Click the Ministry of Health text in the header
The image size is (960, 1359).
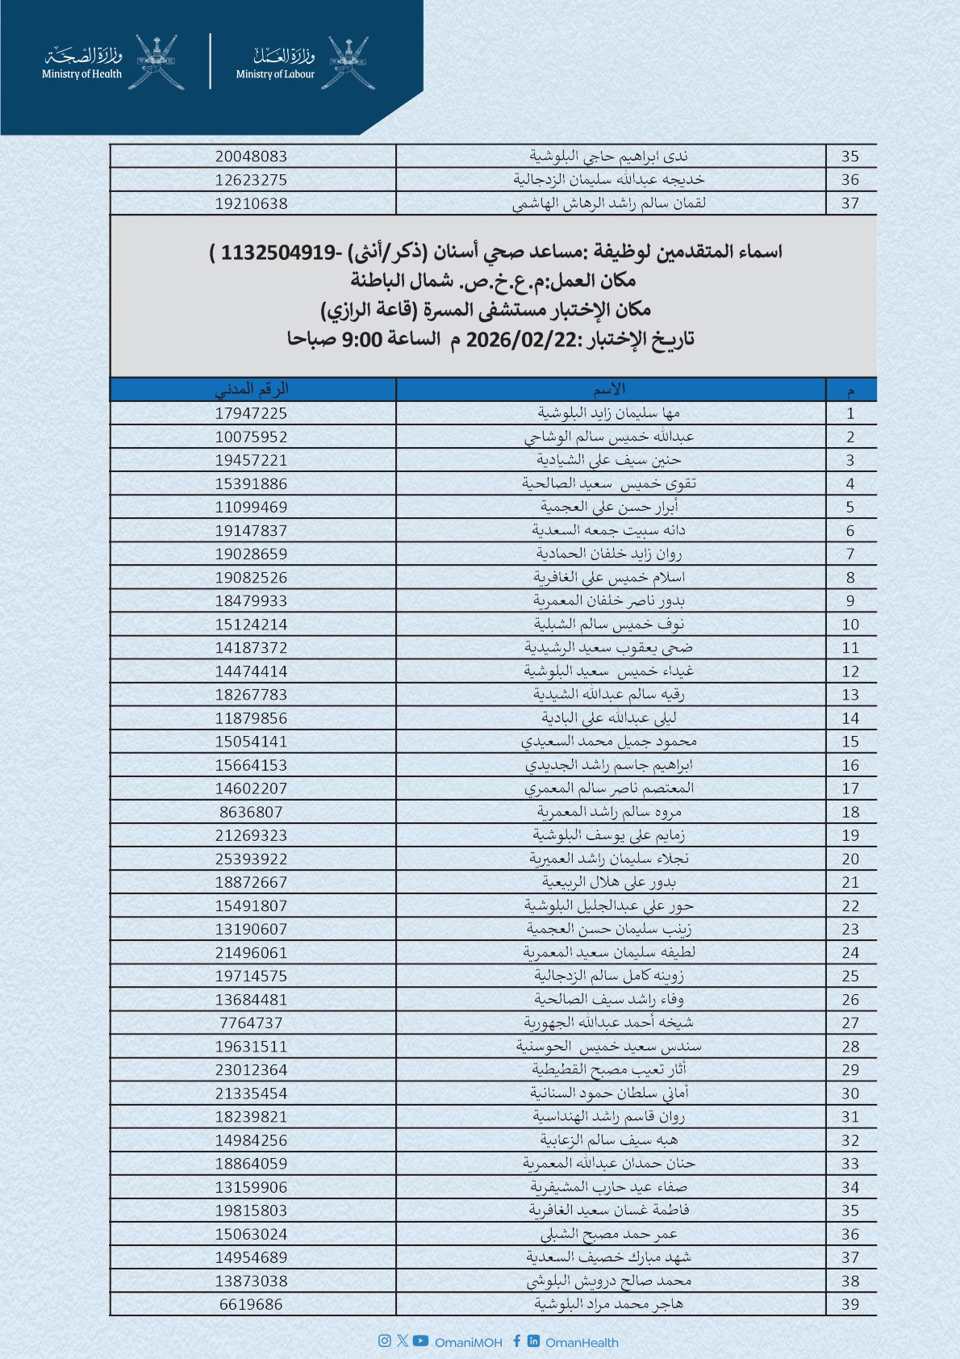coord(81,74)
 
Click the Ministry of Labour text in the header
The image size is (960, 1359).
coord(275,74)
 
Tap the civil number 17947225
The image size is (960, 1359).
coord(251,413)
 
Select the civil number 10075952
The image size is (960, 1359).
coord(251,437)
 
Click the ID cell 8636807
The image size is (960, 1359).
coord(251,812)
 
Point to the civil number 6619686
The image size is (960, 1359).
coord(251,1304)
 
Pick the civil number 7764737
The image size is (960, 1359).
coord(251,1022)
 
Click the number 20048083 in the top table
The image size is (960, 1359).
coord(251,157)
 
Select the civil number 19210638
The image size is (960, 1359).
coord(251,203)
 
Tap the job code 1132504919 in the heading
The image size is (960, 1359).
coord(278,253)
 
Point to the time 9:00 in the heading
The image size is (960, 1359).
coord(362,339)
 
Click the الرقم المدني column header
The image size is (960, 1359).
coord(251,389)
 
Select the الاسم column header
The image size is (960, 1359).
coord(610,389)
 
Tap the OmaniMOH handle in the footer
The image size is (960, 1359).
coord(468,1343)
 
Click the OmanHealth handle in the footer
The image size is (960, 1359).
coord(582,1343)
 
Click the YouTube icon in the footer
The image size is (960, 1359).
coord(420,1340)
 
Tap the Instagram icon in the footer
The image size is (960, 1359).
coord(385,1340)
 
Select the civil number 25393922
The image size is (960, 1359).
coord(251,859)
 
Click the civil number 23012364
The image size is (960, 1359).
coord(251,1069)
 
